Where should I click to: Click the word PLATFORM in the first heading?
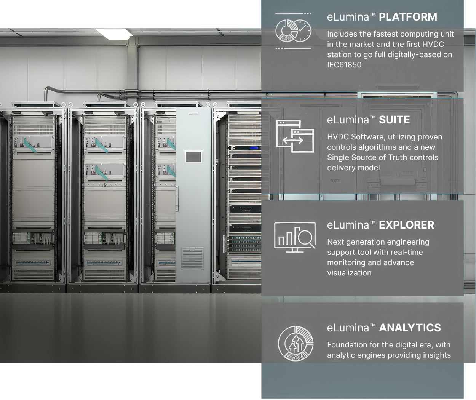(408, 17)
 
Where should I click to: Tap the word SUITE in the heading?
(395, 120)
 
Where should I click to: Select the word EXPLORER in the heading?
(406, 225)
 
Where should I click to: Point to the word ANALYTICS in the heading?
(410, 328)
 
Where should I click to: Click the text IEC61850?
(344, 65)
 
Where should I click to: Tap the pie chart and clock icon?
(293, 31)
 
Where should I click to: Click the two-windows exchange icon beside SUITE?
(295, 136)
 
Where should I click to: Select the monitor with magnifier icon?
(295, 237)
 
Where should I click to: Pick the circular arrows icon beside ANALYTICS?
(296, 344)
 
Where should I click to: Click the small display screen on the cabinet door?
(193, 157)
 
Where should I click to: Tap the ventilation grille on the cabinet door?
(192, 258)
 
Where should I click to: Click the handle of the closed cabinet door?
(177, 198)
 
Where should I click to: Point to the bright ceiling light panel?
(113, 34)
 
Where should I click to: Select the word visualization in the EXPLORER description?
(349, 273)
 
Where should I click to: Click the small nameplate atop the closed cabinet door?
(193, 113)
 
